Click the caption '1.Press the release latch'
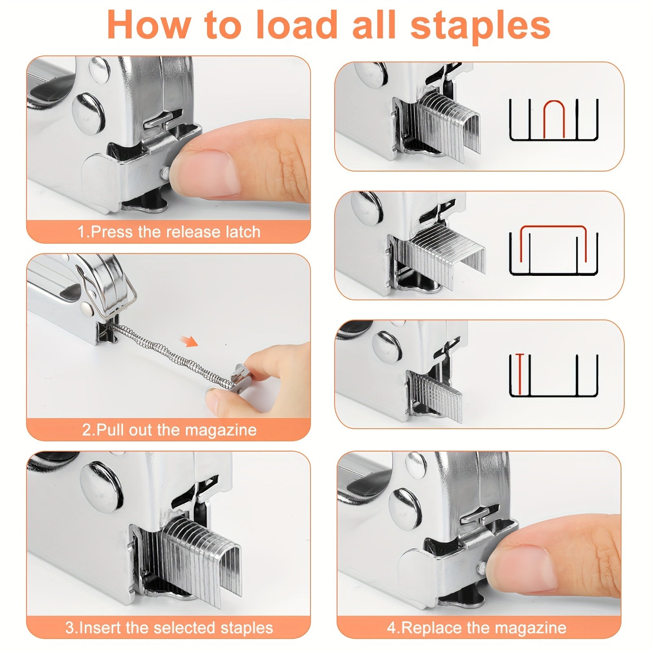[x=169, y=232]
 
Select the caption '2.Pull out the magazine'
[x=169, y=430]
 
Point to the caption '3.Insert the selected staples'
[x=169, y=628]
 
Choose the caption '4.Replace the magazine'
[x=476, y=628]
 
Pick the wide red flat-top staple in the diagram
[x=553, y=240]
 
